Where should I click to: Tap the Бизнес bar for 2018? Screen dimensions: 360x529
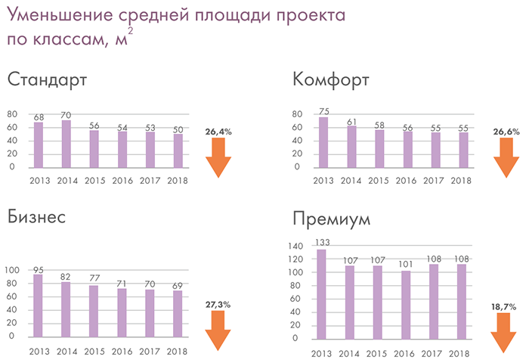click(178, 313)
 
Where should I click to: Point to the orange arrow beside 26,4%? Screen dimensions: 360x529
click(218, 157)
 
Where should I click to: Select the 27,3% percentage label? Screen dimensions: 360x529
click(218, 304)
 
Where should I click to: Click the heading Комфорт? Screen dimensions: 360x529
click(330, 80)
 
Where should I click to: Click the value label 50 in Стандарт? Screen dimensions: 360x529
click(178, 129)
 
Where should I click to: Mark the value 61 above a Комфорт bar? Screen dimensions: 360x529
click(351, 121)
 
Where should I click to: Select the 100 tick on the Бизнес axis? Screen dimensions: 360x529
click(11, 271)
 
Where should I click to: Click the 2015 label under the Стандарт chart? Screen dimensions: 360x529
click(94, 180)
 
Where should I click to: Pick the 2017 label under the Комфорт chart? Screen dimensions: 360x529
click(432, 180)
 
